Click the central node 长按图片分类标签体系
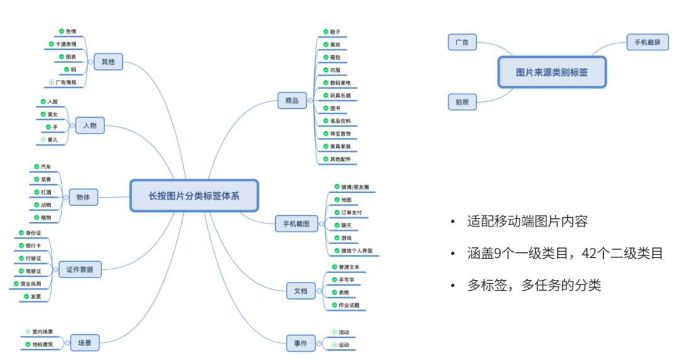tap(194, 195)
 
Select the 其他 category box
tap(108, 62)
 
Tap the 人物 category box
tap(89, 126)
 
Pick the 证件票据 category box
tap(80, 270)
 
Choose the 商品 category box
tap(292, 100)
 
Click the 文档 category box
tap(300, 291)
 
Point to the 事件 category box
tap(300, 344)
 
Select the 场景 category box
tap(84, 342)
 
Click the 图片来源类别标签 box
tap(552, 72)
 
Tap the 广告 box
tap(462, 42)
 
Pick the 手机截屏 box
tap(647, 42)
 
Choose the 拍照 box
tap(462, 101)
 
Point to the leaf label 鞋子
tap(335, 31)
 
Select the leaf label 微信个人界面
tap(356, 250)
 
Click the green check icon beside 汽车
tap(36, 167)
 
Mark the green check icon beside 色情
tap(61, 31)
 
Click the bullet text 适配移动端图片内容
tap(527, 222)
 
